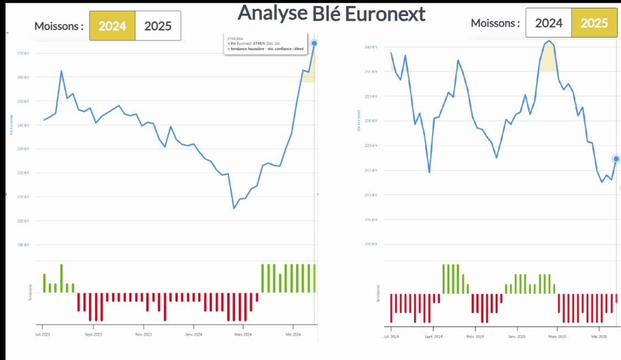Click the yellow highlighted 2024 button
(x=112, y=26)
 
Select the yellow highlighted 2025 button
(x=594, y=23)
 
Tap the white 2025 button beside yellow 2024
(x=158, y=26)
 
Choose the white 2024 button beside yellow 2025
(x=549, y=23)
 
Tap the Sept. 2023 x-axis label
(x=93, y=335)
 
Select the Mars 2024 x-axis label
(x=242, y=335)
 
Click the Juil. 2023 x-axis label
(x=43, y=335)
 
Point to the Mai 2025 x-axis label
(x=598, y=336)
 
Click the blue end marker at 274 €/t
(x=314, y=43)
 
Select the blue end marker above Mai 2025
(x=616, y=159)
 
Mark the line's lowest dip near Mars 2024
(x=234, y=208)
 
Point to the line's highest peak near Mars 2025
(x=549, y=41)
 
